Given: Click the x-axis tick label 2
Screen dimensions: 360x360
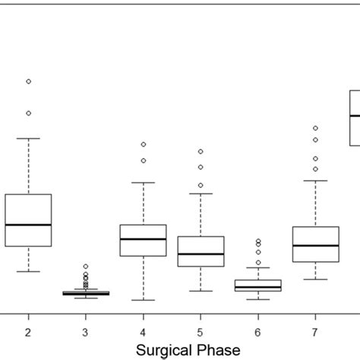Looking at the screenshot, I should click(x=28, y=332).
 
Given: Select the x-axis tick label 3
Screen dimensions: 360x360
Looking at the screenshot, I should click(x=86, y=332).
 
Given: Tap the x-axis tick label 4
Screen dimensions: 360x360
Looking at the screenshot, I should click(x=143, y=332).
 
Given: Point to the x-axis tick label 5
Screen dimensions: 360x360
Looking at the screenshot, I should click(x=201, y=332).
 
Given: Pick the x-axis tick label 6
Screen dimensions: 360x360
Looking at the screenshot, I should click(x=258, y=332).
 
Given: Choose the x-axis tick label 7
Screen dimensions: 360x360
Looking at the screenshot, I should click(x=315, y=332).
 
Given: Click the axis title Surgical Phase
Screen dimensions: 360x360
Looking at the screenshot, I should click(x=188, y=349).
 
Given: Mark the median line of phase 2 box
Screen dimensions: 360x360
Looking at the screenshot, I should click(x=28, y=225).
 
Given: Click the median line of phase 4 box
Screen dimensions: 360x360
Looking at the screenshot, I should click(x=143, y=238).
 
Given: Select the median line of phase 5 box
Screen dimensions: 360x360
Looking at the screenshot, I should click(x=201, y=254).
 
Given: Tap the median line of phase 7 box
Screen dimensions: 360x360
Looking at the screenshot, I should click(x=315, y=245).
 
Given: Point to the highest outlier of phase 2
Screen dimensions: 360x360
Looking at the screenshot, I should click(x=28, y=81).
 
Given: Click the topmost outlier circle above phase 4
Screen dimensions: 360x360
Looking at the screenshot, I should click(x=143, y=144).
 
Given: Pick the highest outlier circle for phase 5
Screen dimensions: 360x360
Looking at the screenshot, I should click(x=201, y=152).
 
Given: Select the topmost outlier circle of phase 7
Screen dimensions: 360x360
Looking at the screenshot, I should click(x=315, y=128).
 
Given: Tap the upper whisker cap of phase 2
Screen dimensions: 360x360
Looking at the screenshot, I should click(x=28, y=138).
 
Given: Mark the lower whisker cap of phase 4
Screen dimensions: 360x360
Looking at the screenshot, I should click(x=143, y=300).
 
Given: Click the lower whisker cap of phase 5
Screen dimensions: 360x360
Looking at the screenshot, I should click(x=201, y=291).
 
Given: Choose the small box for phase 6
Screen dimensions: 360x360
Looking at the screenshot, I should click(x=258, y=286).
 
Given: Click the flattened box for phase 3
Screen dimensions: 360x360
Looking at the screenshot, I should click(x=86, y=293).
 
